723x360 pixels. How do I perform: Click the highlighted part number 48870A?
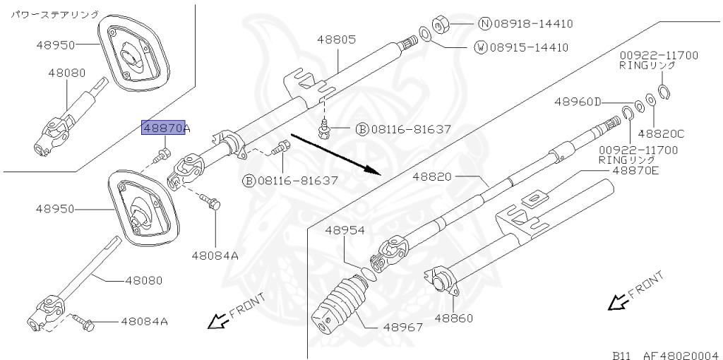[x=167, y=129]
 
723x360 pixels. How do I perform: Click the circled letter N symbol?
[x=484, y=23]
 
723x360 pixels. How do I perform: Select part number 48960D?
[x=577, y=102]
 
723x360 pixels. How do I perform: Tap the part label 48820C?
[x=661, y=133]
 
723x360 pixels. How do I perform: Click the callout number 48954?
[x=345, y=230]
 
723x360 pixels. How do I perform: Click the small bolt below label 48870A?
[x=164, y=152]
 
